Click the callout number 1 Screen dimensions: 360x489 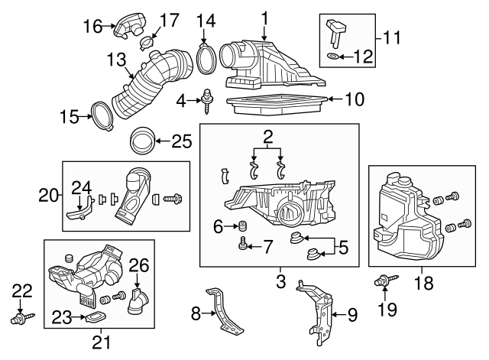tap(264, 17)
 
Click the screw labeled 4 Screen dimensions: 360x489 tap(206, 100)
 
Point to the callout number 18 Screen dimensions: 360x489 tap(423, 284)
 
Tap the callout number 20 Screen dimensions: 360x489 tap(48, 196)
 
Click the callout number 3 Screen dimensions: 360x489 tap(281, 282)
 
